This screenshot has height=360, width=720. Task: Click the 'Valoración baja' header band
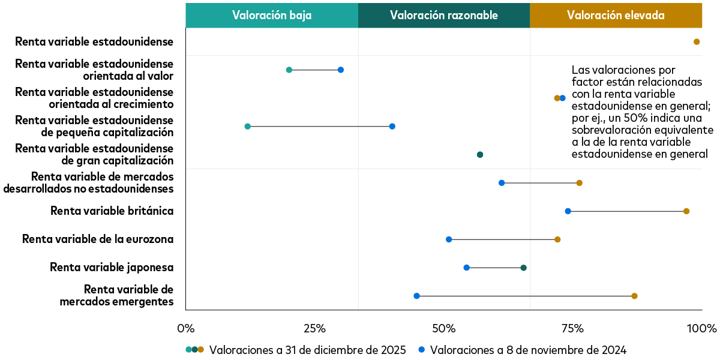(x=272, y=16)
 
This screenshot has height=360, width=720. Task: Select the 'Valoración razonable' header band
(x=444, y=16)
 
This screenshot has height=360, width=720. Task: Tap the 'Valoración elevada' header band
(x=616, y=16)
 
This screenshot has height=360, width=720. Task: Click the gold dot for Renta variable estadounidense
(x=697, y=42)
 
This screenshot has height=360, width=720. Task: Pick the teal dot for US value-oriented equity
(x=289, y=70)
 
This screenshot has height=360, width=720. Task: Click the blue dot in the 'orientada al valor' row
(x=341, y=70)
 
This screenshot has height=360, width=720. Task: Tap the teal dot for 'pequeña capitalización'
(x=248, y=127)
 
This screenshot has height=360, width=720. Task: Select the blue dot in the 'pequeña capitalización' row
(x=392, y=127)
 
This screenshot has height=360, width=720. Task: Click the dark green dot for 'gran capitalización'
(x=480, y=155)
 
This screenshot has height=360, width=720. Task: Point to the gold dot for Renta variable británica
(x=686, y=211)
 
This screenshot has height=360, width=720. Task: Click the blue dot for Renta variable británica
(x=568, y=211)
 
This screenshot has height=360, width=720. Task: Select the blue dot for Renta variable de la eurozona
(x=449, y=239)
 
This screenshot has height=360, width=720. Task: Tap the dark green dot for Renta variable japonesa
(x=524, y=268)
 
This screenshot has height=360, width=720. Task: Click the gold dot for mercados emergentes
(x=634, y=296)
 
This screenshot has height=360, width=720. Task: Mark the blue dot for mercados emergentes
(x=417, y=296)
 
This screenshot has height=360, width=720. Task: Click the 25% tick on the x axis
(x=314, y=328)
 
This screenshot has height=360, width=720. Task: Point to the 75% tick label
(x=572, y=328)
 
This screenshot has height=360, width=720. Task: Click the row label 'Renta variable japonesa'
(x=112, y=268)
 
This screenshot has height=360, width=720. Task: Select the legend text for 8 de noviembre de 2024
(x=528, y=350)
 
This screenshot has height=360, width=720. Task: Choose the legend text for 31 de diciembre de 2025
(x=308, y=350)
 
